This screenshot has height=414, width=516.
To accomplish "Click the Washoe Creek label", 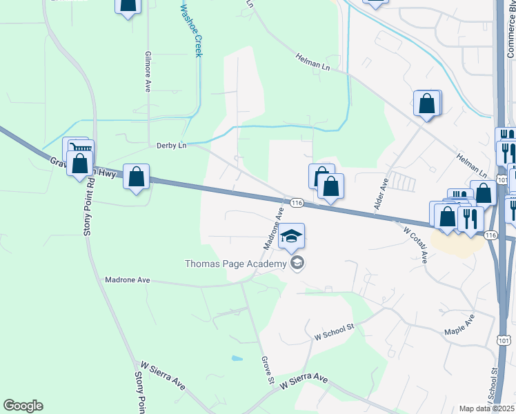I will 190,31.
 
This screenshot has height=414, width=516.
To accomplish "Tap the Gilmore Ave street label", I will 148,71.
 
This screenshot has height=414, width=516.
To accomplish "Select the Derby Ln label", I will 172,146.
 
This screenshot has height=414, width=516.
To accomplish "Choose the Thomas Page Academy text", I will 235,264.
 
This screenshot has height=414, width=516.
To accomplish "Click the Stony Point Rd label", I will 88,206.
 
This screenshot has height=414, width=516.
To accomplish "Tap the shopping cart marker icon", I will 82,148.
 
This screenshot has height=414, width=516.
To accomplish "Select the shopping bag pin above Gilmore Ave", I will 128,5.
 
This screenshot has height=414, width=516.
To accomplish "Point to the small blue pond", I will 237,359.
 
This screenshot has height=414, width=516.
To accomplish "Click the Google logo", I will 23,406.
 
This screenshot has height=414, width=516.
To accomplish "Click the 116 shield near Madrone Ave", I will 297,203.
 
